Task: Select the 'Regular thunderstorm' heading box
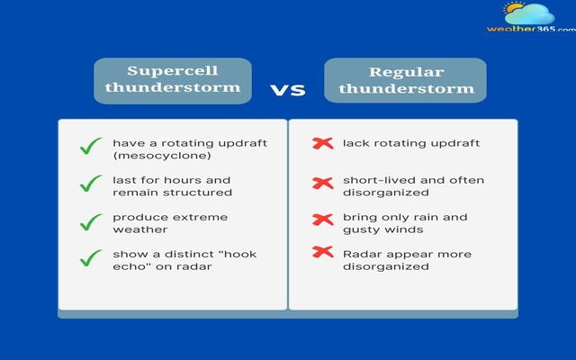(406, 81)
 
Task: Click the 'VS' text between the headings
(288, 90)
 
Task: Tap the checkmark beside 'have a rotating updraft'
(90, 146)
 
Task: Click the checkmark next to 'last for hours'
(90, 184)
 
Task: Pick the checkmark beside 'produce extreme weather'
(90, 221)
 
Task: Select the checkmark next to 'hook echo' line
(90, 259)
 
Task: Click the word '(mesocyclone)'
(151, 156)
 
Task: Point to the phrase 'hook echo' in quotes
(230, 254)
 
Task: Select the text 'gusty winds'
(377, 229)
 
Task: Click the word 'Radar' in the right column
(361, 254)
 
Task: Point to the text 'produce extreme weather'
(170, 223)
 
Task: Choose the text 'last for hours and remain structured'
(172, 186)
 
